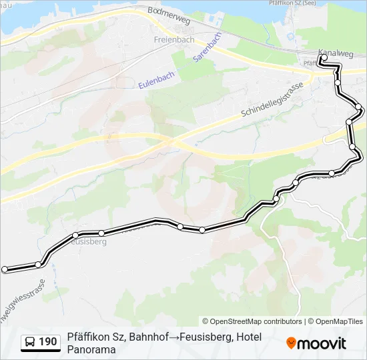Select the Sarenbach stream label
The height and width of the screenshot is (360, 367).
click(207, 47)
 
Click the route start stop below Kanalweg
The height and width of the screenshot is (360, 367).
click(323, 58)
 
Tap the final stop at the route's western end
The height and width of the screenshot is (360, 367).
click(5, 269)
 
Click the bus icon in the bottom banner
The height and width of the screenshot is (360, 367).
click(31, 342)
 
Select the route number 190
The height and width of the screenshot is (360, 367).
click(48, 342)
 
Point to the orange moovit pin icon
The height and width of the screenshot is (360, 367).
click(291, 343)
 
